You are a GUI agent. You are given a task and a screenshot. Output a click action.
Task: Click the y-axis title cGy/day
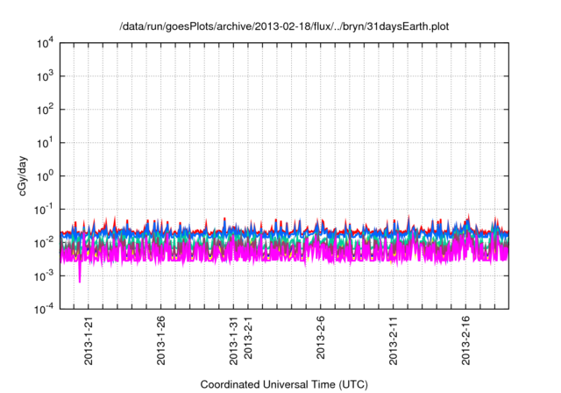pos(26,175)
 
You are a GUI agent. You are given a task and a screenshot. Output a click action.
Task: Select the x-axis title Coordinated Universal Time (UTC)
pos(284,384)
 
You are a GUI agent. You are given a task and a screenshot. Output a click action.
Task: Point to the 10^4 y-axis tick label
pos(46,43)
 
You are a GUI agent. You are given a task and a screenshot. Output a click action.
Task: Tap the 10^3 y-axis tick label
pos(46,76)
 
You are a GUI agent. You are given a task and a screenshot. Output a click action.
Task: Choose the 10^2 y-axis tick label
pos(46,110)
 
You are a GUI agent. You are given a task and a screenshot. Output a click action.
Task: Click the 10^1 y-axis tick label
pos(46,143)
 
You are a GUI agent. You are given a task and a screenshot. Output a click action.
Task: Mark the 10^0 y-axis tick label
pos(46,175)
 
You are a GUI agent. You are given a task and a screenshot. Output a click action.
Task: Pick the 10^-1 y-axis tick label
pos(45,209)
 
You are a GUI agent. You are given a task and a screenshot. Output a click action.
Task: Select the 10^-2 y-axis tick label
pos(45,242)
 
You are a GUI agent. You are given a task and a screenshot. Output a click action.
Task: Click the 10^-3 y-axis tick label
pos(45,275)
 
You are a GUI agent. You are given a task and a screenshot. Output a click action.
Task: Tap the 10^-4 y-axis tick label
pos(45,309)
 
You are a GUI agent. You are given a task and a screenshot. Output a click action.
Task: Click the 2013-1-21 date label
pos(89,341)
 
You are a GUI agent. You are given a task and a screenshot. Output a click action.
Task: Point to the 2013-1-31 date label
pos(233,341)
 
